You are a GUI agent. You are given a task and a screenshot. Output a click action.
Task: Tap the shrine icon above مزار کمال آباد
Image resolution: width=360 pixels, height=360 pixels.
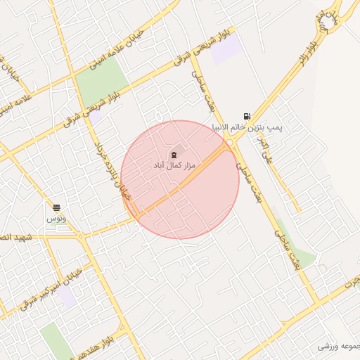pos(174,154)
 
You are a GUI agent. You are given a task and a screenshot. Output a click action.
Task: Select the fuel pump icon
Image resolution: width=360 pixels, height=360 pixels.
pos(245,116)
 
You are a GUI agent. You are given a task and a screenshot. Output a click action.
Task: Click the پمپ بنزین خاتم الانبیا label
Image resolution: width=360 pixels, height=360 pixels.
pos(247,127)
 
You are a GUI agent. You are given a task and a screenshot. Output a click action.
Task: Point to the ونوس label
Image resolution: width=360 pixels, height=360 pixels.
pos(55,219)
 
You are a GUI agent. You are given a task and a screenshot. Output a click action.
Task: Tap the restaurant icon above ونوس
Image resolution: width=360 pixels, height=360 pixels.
pos(56,207)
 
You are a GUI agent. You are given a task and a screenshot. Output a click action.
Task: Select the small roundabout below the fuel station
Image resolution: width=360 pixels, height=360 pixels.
pos(229,143)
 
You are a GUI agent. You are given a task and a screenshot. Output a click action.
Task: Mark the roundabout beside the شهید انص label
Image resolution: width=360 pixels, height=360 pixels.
pos(81,236)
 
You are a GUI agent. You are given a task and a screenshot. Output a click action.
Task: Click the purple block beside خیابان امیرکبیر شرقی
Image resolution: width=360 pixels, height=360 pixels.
pos(67,295)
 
